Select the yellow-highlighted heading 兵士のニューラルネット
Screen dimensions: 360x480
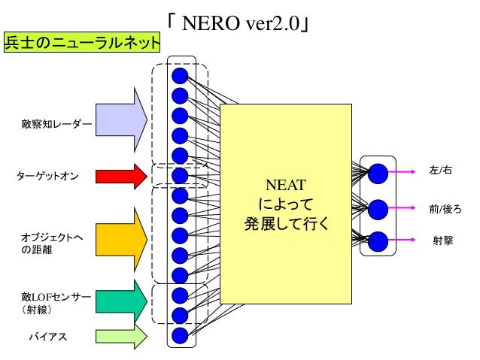pyautogui.click(x=82, y=42)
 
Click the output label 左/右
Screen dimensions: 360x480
pyautogui.click(x=440, y=172)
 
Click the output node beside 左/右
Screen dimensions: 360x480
pyautogui.click(x=378, y=173)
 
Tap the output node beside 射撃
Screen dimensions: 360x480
pyautogui.click(x=378, y=241)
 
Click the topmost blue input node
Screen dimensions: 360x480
pyautogui.click(x=180, y=76)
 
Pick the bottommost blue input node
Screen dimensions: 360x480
pyautogui.click(x=180, y=334)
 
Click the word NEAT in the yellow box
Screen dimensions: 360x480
pyautogui.click(x=286, y=185)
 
